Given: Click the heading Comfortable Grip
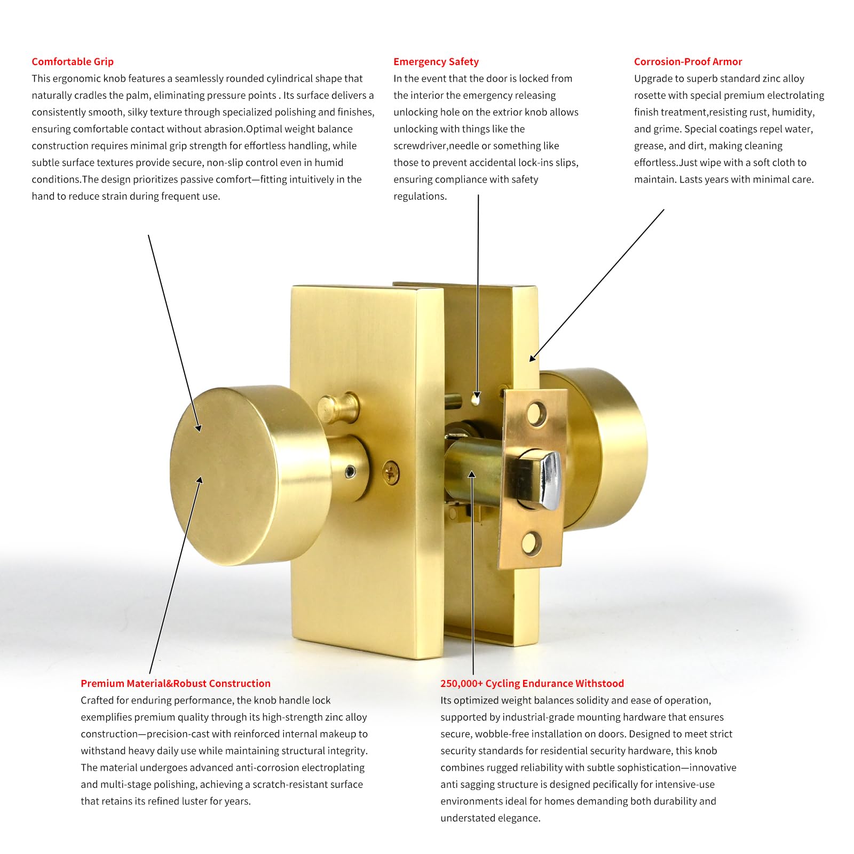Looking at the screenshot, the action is pyautogui.click(x=73, y=61).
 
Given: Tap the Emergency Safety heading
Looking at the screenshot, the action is pyautogui.click(x=436, y=61).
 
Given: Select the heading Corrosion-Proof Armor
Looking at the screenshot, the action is pyautogui.click(x=688, y=61).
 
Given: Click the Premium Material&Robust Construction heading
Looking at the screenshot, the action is pyautogui.click(x=176, y=683).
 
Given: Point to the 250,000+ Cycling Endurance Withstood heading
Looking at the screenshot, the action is pyautogui.click(x=532, y=683).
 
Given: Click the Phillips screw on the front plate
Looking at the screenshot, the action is pyautogui.click(x=391, y=472).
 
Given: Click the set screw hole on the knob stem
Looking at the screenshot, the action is pyautogui.click(x=350, y=471).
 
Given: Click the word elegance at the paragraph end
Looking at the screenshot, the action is pyautogui.click(x=519, y=818).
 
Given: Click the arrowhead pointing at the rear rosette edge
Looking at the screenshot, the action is pyautogui.click(x=533, y=358).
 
